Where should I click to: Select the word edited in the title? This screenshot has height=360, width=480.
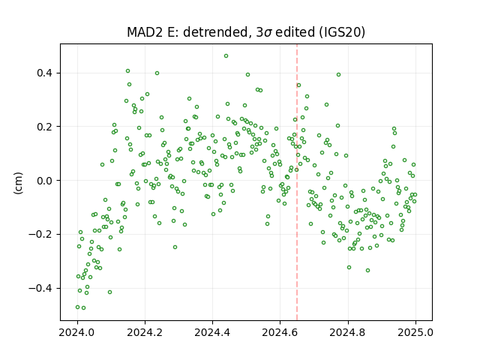(295, 32)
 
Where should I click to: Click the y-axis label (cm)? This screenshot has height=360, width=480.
(18, 183)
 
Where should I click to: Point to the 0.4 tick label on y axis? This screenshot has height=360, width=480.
(45, 73)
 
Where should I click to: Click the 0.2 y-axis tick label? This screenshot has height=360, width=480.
(45, 127)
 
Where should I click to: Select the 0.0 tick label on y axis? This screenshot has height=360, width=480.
(45, 181)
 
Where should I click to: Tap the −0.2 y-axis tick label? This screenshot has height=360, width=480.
(40, 235)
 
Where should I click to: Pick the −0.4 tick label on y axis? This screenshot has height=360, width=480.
(40, 288)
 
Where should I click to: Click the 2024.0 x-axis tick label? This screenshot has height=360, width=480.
(77, 332)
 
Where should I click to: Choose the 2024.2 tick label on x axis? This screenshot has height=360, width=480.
(145, 332)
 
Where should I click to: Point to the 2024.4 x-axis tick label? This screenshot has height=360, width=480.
(212, 332)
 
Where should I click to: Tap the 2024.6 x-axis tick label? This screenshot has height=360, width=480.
(280, 332)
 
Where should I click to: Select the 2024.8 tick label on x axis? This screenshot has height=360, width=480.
(348, 332)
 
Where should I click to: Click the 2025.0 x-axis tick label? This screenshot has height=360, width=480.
(415, 332)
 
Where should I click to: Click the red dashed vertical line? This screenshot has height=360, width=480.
(297, 182)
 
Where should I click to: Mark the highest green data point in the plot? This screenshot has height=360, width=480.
(226, 56)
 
